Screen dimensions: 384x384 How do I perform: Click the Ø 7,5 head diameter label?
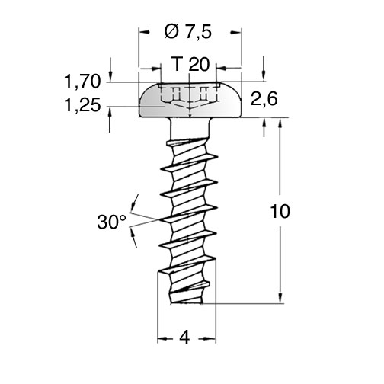tap(187, 32)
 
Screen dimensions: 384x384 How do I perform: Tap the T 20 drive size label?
tap(190, 64)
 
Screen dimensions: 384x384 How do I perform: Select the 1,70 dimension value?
tap(82, 82)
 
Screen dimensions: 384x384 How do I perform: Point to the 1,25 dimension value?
tap(82, 105)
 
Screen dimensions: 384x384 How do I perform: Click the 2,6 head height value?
tap(264, 99)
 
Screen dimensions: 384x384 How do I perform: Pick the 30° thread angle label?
tap(112, 222)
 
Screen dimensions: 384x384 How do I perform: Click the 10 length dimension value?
tap(280, 211)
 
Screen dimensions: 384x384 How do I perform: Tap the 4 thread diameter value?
tap(185, 338)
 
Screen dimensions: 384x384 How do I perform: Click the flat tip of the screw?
tap(187, 302)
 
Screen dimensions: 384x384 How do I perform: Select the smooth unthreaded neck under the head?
tap(189, 129)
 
